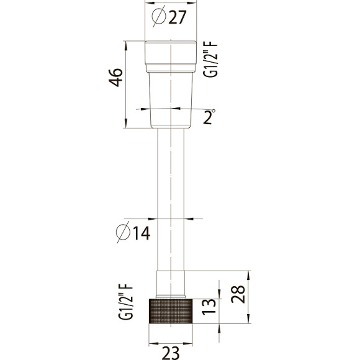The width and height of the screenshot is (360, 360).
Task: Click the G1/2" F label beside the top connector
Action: pos(210,60)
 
